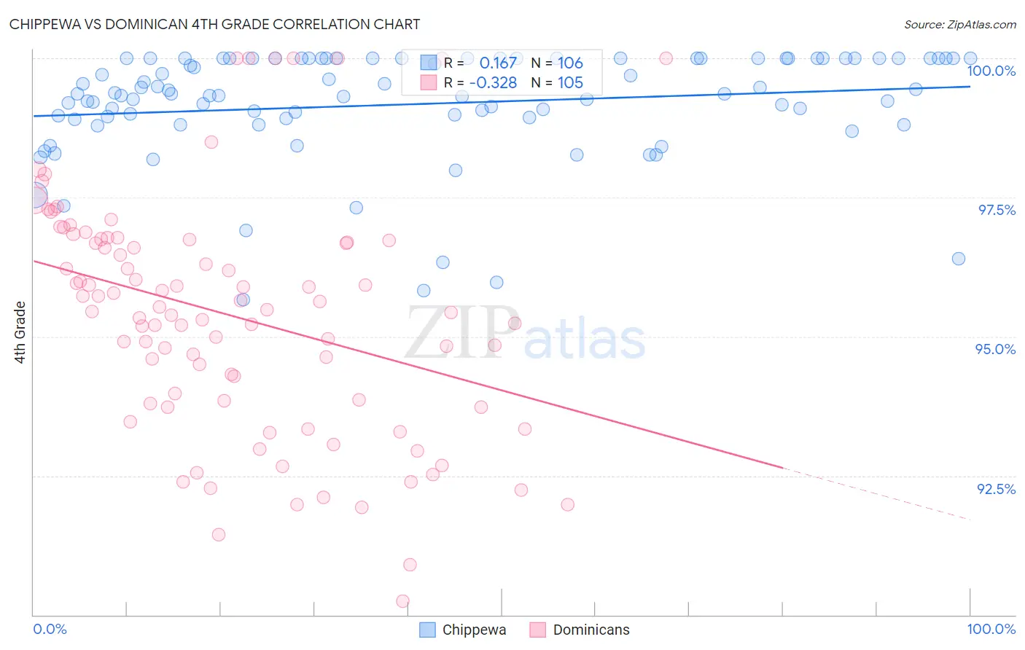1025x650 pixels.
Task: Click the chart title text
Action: pyautogui.click(x=214, y=24)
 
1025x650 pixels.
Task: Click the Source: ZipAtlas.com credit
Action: pyautogui.click(x=959, y=25)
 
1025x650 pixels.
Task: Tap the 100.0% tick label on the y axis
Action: pyautogui.click(x=991, y=71)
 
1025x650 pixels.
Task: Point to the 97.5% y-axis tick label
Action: pyautogui.click(x=996, y=210)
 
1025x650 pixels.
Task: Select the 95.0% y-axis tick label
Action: pyautogui.click(x=995, y=349)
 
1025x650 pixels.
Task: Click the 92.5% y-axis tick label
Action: pyautogui.click(x=996, y=489)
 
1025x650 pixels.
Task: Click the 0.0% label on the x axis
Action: pyautogui.click(x=50, y=629)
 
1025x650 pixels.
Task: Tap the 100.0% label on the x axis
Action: pyautogui.click(x=991, y=629)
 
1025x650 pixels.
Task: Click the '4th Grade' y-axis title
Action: pyautogui.click(x=20, y=332)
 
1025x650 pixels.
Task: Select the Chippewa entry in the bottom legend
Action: pyautogui.click(x=474, y=630)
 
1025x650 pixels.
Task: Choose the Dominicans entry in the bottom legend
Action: pyautogui.click(x=591, y=630)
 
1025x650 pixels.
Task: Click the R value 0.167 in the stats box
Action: pyautogui.click(x=498, y=63)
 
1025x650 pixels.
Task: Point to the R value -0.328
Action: pyautogui.click(x=493, y=82)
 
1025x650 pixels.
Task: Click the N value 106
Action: pyautogui.click(x=570, y=63)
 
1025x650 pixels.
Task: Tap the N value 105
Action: pyautogui.click(x=570, y=82)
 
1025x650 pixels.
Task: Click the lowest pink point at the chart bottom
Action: pyautogui.click(x=402, y=601)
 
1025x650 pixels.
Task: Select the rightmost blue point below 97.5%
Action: pyautogui.click(x=959, y=259)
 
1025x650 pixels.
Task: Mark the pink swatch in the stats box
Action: pyautogui.click(x=428, y=82)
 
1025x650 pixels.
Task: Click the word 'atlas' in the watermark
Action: pyautogui.click(x=584, y=339)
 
